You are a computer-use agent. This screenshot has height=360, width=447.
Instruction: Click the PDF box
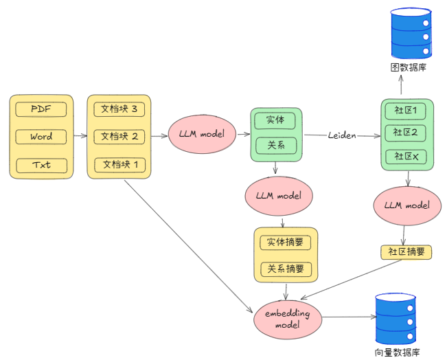point(41,109)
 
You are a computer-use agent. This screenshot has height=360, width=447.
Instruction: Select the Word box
point(41,137)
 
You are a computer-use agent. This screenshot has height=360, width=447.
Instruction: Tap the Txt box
point(41,165)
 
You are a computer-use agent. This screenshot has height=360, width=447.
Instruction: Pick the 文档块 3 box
point(119,109)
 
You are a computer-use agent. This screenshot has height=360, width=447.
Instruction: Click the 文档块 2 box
point(119,137)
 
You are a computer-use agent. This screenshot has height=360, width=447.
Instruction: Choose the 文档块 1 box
point(119,165)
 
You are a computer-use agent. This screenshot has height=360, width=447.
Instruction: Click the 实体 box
point(275,120)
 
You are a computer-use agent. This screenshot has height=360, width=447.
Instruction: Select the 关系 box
point(275,146)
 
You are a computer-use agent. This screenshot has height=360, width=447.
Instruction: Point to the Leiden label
point(342,136)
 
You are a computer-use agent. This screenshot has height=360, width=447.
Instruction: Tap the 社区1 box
point(406,110)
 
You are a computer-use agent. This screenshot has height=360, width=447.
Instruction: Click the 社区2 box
point(406,132)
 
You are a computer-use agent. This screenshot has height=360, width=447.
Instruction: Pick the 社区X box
point(406,157)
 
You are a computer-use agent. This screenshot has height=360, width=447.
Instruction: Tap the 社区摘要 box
point(406,251)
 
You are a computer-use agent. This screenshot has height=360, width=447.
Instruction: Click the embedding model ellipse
point(287,319)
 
